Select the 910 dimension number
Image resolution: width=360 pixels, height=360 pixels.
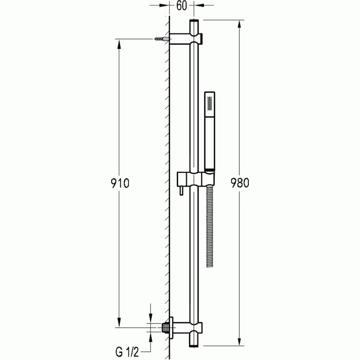120,183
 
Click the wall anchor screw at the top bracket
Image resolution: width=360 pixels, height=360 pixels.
158,39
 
